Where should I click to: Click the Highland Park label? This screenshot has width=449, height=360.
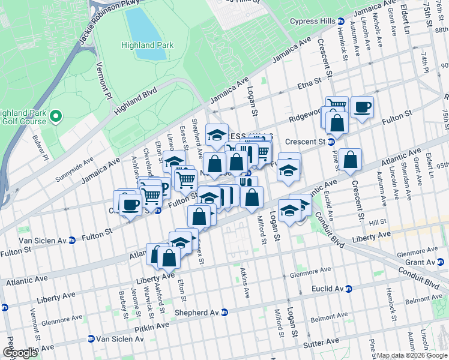[147, 45]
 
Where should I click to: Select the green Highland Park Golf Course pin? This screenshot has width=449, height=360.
[55, 116]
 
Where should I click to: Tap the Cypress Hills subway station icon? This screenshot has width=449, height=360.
[341, 20]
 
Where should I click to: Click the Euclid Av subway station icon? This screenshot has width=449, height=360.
[348, 289]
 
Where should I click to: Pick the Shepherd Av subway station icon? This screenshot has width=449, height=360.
[224, 312]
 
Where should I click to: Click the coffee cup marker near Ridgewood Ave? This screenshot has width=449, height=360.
[363, 107]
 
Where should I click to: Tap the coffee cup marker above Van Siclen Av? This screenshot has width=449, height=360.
[130, 205]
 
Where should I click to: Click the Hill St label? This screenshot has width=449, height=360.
[378, 222]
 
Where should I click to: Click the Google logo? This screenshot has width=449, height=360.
[20, 353]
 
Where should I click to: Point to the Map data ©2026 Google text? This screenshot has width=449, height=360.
[412, 355]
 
